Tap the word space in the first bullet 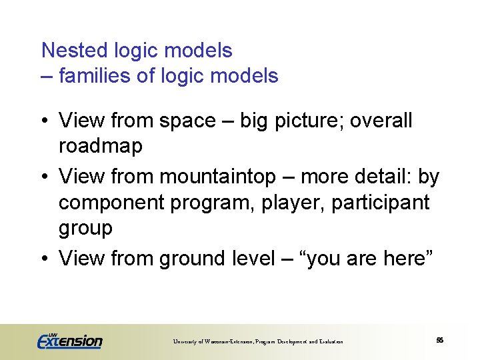point(187,121)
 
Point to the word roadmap point(101,147)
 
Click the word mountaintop point(217,177)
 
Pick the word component point(110,203)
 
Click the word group point(86,229)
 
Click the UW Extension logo point(69,340)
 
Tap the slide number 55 point(439,340)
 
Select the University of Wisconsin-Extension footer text point(258,341)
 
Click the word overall point(381,121)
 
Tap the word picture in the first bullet point(308,121)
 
